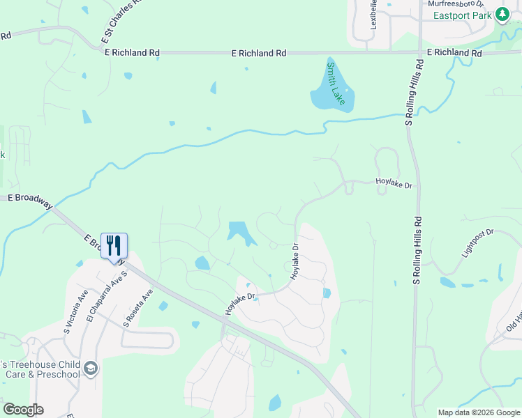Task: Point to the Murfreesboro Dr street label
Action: click(455, 3)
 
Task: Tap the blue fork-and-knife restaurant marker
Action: click(114, 246)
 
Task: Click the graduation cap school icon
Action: click(91, 368)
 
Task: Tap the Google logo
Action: click(23, 410)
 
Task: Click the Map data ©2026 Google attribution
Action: click(478, 412)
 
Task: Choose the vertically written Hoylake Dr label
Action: click(294, 261)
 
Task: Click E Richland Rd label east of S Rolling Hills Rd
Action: click(454, 53)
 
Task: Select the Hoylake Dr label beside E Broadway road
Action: click(241, 303)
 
